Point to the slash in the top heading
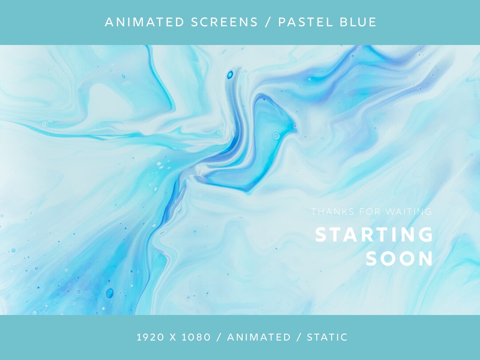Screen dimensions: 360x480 click(268, 22)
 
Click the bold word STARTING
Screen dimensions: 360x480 click(374, 235)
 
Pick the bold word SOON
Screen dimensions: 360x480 click(399, 259)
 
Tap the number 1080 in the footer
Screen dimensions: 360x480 click(196, 337)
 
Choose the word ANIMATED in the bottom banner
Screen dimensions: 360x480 click(259, 337)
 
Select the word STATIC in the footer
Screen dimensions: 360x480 click(327, 337)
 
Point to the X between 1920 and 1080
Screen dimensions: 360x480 click(173, 337)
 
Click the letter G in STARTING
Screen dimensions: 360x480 click(425, 235)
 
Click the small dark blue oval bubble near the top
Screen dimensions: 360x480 click(230, 75)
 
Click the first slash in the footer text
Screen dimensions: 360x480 click(219, 337)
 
